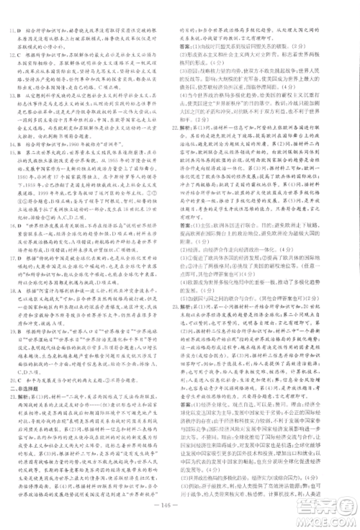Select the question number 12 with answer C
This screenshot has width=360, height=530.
click(12, 53)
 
